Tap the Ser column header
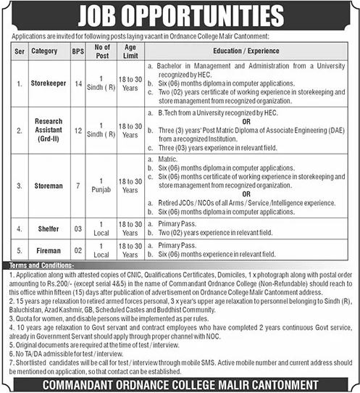[20, 52]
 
